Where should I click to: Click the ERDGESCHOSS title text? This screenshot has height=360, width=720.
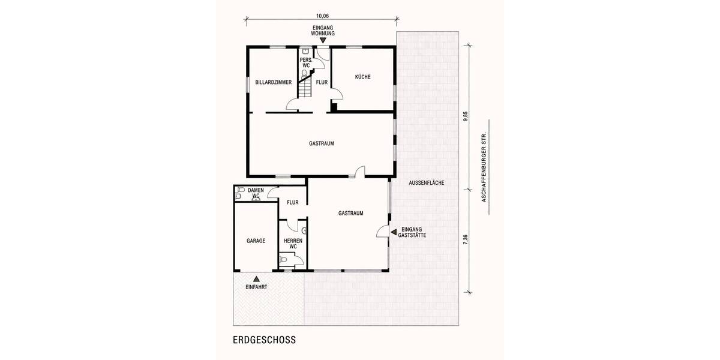264,339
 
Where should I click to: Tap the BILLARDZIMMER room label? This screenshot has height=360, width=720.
273,82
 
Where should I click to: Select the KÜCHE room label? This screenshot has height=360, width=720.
362,77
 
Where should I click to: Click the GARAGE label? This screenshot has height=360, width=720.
256,239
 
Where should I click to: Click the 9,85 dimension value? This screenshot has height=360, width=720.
465,116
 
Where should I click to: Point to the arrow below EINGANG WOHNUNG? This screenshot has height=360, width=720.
322,40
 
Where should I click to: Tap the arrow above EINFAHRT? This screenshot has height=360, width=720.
256,278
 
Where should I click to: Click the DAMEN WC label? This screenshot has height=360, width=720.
256,193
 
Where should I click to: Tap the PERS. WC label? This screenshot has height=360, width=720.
305,62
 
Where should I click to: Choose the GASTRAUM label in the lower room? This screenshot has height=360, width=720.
350,213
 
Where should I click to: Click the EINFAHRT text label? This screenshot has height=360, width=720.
256,287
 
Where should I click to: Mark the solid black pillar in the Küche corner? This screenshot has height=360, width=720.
334,108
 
